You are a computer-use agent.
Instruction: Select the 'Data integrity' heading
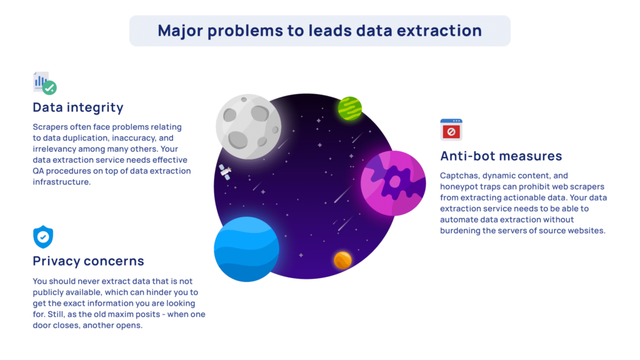point(78,107)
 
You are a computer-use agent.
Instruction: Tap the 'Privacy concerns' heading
point(89,261)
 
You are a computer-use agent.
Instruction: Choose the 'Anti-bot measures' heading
point(501,156)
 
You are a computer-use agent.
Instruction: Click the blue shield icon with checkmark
point(43,237)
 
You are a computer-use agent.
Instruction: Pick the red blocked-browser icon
point(451,130)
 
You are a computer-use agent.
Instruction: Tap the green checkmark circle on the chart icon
point(50,87)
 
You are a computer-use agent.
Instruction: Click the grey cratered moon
point(249,127)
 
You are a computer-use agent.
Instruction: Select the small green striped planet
point(350,109)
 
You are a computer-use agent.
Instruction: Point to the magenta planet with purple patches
point(393,183)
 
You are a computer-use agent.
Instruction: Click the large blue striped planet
point(246,249)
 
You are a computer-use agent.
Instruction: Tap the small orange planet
point(342,260)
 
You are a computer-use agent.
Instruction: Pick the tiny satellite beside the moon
point(225,172)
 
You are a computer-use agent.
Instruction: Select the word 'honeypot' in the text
point(458,186)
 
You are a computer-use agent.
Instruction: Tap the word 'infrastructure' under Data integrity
point(62,182)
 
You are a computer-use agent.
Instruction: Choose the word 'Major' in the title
point(180,31)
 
